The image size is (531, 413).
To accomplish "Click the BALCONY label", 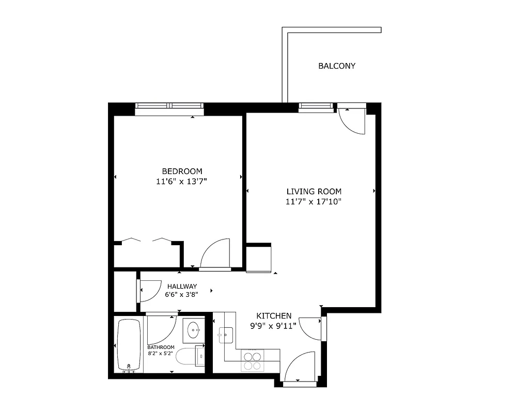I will click(x=337, y=66).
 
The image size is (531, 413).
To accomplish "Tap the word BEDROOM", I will click(x=182, y=171).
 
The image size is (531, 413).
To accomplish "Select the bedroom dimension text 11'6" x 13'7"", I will click(x=182, y=181).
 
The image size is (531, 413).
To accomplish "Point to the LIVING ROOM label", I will click(x=314, y=192).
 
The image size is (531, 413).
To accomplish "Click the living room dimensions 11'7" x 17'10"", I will click(x=314, y=202).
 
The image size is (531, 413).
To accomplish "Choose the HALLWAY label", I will click(x=181, y=287).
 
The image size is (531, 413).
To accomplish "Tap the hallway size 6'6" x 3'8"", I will click(x=181, y=295).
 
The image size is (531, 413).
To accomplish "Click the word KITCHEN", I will click(x=274, y=316).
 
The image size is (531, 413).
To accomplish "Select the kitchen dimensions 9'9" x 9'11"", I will click(x=274, y=326).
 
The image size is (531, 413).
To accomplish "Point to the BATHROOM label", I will click(x=161, y=347).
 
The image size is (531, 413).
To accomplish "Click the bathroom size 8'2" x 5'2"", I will click(x=161, y=354).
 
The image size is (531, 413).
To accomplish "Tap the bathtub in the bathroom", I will click(x=129, y=345).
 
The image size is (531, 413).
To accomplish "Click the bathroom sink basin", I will click(x=194, y=328).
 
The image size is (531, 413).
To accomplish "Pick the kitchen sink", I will click(x=226, y=336).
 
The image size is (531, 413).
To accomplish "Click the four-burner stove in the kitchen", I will click(x=253, y=360).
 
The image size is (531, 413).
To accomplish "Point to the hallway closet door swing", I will click(x=150, y=290).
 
